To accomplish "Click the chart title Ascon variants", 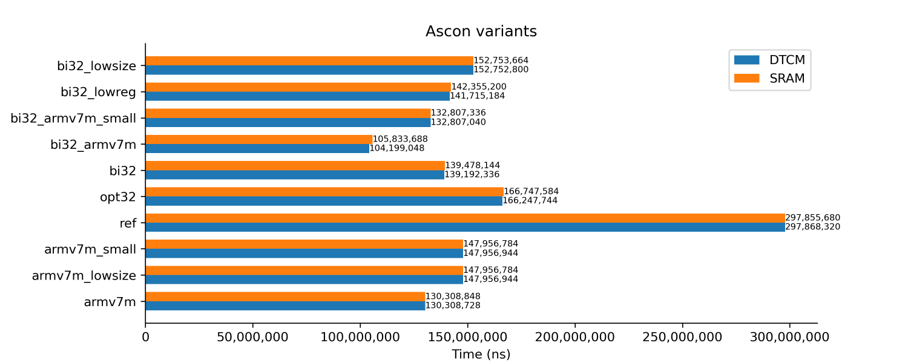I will tap(481, 31).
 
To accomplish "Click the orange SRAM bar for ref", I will tap(465, 218).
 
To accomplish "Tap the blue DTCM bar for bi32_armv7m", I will tap(257, 148).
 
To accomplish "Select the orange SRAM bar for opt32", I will tap(324, 192).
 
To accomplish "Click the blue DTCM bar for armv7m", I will tap(285, 306).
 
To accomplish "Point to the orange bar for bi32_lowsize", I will tap(309, 60).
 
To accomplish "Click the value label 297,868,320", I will tap(812, 227).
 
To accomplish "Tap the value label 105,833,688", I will tap(400, 139).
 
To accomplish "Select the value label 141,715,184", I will tap(477, 96).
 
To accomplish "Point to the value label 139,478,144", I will tap(472, 165).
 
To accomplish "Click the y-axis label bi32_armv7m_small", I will tap(73, 118).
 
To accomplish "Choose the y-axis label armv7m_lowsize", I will tap(84, 276).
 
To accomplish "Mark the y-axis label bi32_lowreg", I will tap(98, 92).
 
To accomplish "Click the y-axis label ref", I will tap(128, 223).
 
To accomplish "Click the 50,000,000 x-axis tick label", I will tap(252, 336).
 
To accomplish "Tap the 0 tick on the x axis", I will tap(145, 336).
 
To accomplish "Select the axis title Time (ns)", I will tap(481, 355).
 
